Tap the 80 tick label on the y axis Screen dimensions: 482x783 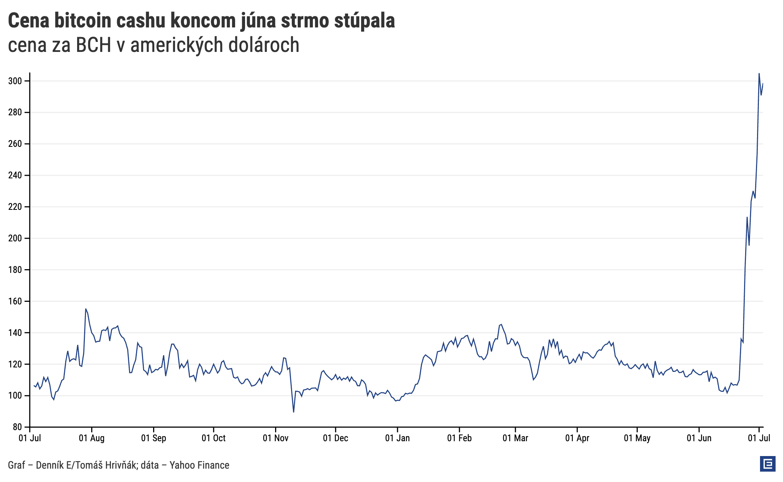17,427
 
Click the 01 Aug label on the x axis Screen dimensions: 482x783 92,438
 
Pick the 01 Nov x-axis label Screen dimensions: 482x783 275,438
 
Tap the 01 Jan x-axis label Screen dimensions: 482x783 397,438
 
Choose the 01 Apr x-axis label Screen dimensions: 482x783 577,438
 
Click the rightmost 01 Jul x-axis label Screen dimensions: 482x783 759,438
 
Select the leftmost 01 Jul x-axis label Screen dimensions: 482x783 30,438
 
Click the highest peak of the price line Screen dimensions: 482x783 759,74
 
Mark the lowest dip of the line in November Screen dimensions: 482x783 294,412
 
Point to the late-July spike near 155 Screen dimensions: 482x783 86,309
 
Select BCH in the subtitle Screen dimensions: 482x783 93,45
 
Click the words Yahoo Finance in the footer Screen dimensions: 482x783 199,465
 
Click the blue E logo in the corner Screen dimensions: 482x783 767,464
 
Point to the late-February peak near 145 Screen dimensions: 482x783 501,324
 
